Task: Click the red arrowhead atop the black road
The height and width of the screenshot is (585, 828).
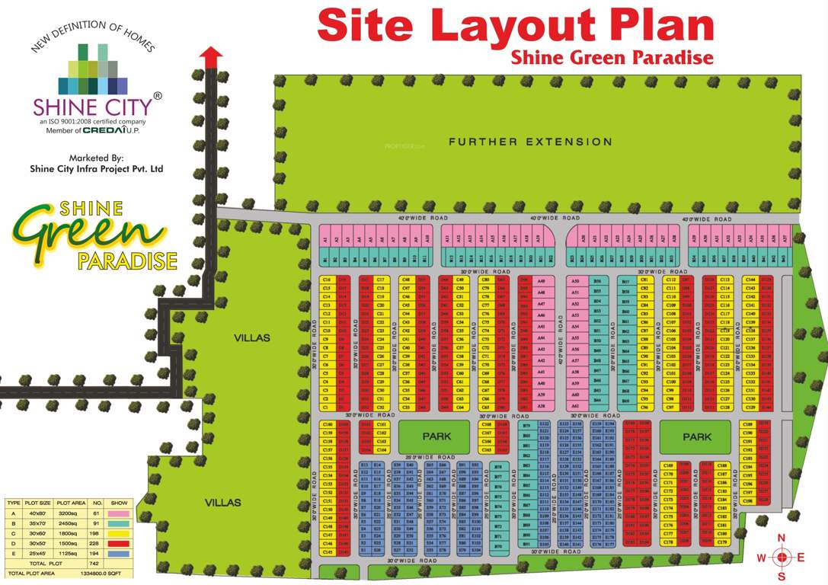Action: click(211, 53)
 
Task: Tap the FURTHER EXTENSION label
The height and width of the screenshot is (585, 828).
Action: click(530, 142)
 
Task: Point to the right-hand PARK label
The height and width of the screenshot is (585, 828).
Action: click(697, 436)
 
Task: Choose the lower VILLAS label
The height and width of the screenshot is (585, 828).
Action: click(223, 503)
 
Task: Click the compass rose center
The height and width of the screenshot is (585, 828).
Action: click(782, 557)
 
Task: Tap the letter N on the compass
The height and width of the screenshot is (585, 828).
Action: click(781, 538)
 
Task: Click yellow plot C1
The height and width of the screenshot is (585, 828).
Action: click(326, 408)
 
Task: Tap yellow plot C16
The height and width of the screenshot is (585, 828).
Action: click(326, 280)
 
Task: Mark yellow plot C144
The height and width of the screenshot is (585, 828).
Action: click(750, 280)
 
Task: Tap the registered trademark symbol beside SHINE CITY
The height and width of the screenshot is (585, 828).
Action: click(158, 96)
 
